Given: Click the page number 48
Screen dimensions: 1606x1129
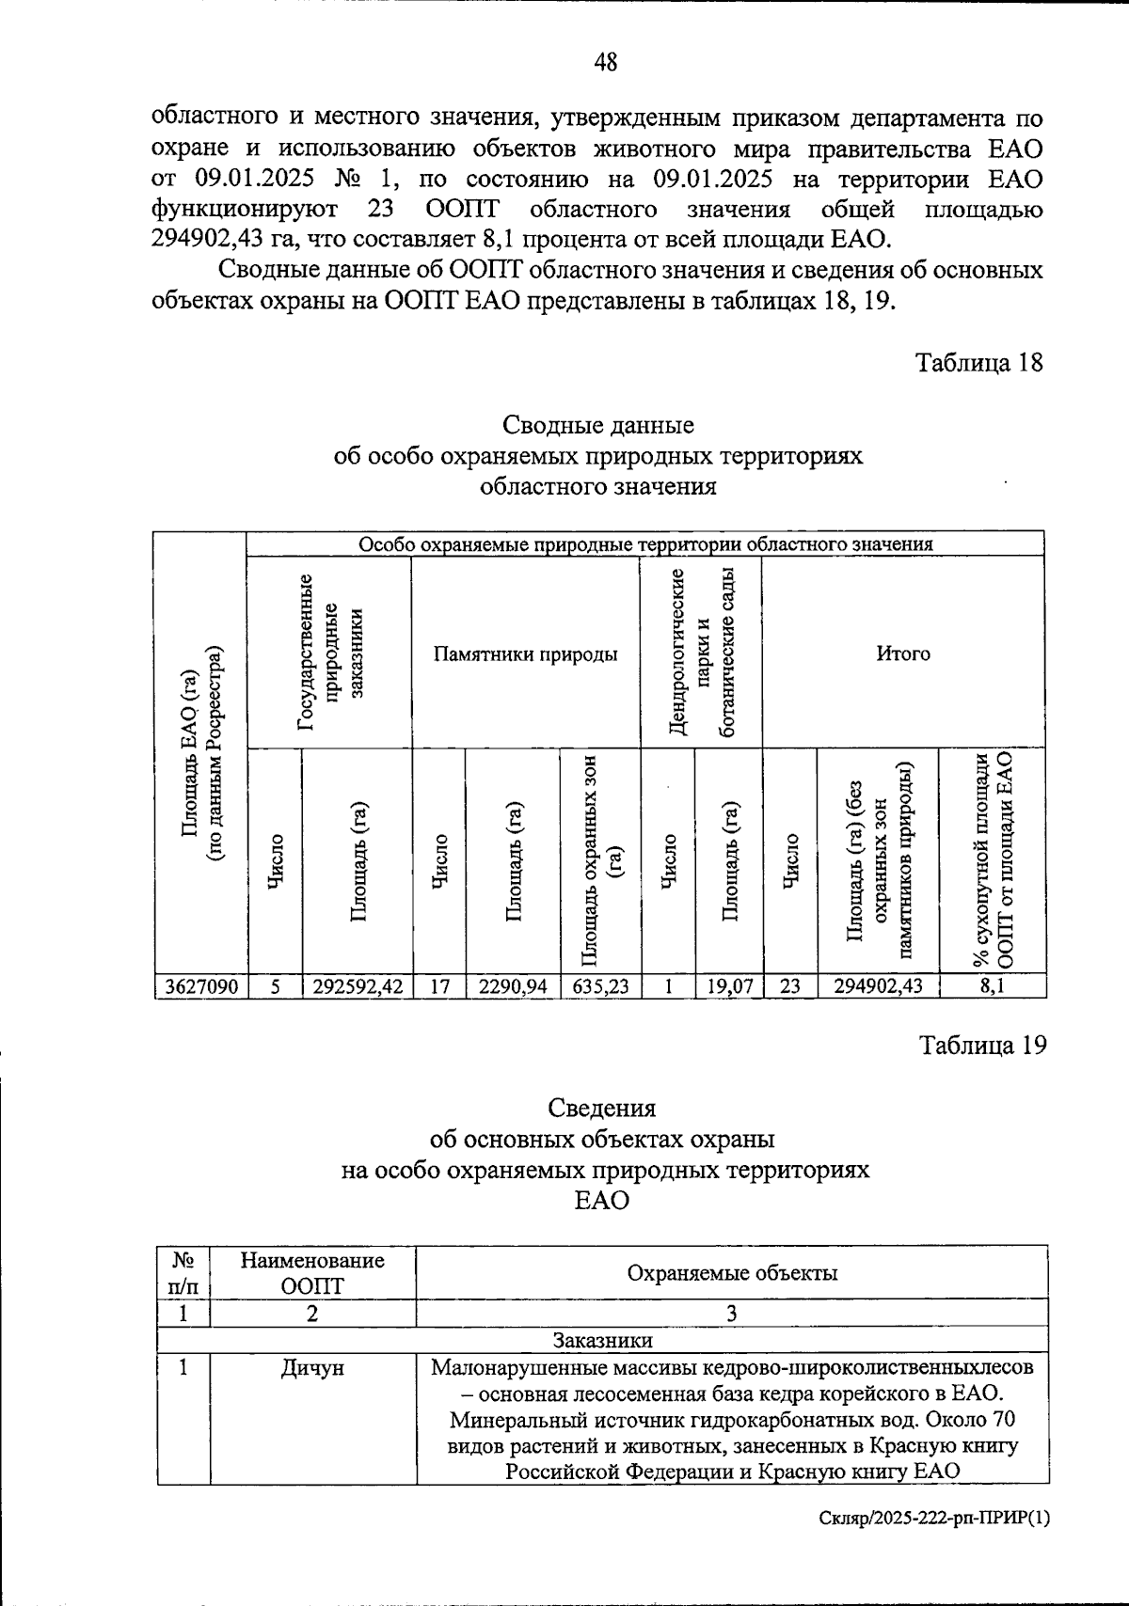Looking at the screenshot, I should tap(606, 63).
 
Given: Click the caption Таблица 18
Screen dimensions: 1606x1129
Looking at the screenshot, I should tap(979, 363).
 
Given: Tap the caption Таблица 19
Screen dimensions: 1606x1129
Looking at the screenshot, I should tap(982, 1046).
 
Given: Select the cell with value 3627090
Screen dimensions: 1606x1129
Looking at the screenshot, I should tap(200, 986).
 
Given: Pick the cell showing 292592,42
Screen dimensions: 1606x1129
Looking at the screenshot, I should tap(357, 986).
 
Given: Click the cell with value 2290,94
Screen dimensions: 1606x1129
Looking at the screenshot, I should tap(513, 986).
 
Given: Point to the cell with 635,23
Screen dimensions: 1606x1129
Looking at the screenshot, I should tap(599, 986).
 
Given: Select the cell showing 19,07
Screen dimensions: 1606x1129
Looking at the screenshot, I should tap(728, 986).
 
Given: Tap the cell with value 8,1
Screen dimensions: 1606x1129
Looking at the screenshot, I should tap(992, 986).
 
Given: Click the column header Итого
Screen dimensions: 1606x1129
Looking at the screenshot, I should tap(902, 653).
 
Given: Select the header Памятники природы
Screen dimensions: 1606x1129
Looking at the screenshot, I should tap(525, 653).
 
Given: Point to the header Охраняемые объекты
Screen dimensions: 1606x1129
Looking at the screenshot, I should tap(731, 1273).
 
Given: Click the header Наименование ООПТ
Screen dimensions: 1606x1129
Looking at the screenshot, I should tap(312, 1273).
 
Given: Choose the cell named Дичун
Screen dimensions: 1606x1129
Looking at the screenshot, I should tap(312, 1368).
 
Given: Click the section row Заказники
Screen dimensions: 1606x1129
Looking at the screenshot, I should tap(602, 1339).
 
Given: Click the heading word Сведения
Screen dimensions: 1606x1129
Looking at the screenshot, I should tap(602, 1108).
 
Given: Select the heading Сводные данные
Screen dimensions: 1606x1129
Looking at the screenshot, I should tap(598, 425).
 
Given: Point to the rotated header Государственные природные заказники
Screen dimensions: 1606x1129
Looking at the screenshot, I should tap(328, 653).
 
